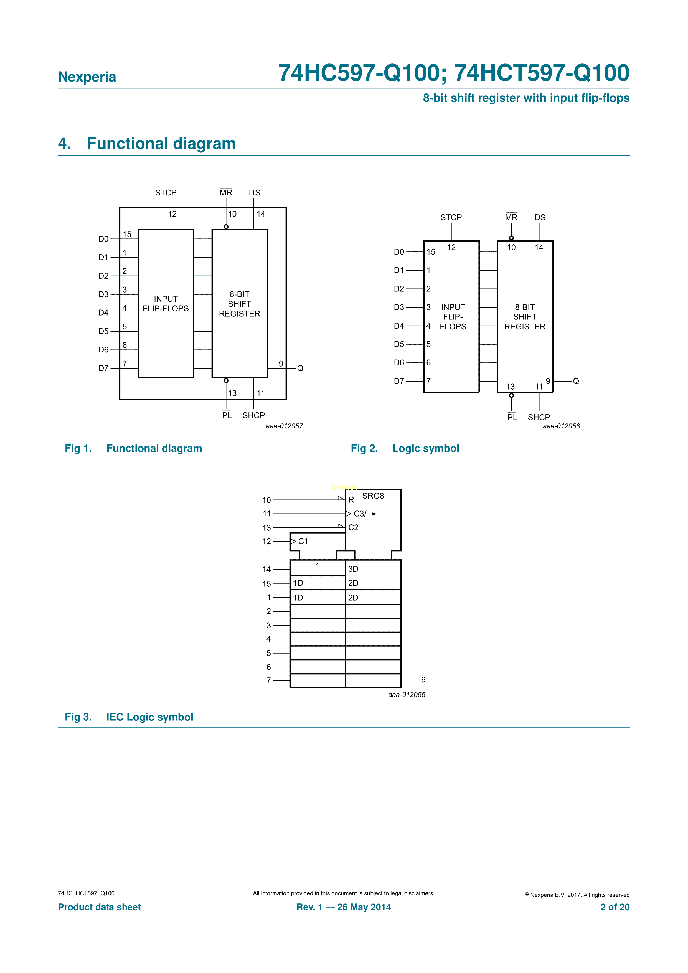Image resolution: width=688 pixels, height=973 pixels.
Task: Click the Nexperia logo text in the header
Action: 87,77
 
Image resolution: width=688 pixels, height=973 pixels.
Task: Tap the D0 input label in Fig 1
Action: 103,239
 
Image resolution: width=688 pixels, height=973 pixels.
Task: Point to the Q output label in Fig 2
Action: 576,381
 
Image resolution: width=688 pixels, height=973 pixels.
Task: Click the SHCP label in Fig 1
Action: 253,415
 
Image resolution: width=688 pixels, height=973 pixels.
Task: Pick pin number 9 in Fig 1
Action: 281,364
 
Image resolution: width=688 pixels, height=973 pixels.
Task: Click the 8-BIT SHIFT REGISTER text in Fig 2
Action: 525,317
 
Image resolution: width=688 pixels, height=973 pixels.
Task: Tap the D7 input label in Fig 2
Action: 399,381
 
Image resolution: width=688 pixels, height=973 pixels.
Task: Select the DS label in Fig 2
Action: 540,217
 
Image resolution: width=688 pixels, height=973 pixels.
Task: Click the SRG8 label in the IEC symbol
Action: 373,496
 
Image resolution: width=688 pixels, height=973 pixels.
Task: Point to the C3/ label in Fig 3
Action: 360,514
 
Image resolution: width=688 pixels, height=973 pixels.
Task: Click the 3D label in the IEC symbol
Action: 353,569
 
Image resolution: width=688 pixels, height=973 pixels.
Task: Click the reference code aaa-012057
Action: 285,426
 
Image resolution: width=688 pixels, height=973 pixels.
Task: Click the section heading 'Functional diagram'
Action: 161,144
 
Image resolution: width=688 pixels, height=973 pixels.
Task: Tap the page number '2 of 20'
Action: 615,907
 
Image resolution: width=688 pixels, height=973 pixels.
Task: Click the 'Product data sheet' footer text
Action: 99,907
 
